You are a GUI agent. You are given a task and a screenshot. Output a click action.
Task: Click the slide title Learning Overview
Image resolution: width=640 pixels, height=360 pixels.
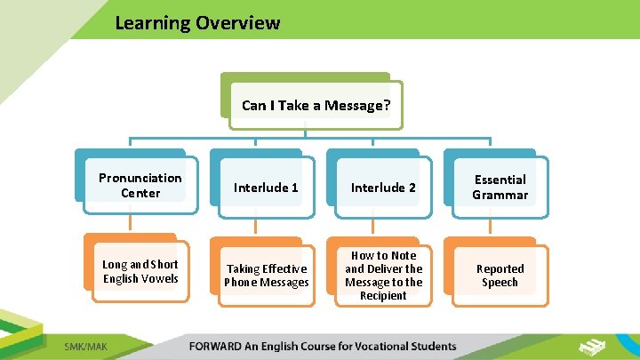point(196,23)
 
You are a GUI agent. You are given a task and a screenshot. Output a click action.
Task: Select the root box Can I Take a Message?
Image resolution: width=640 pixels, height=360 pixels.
point(316,106)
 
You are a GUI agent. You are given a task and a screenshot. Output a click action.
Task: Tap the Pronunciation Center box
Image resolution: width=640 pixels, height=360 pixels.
point(140,185)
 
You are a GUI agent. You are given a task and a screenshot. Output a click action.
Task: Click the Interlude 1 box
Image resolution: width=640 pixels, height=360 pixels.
point(266,188)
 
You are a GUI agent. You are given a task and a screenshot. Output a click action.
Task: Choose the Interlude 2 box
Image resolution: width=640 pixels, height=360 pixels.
point(383,188)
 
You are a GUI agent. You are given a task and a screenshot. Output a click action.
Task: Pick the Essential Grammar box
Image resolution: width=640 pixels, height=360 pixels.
point(500,187)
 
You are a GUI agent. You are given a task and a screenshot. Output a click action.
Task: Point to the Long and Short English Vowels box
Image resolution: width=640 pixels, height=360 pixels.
point(140,271)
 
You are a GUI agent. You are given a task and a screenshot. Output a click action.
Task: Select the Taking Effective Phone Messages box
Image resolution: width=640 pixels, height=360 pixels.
point(266,276)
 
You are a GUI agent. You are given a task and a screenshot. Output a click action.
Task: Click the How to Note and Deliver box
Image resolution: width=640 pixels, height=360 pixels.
point(383,276)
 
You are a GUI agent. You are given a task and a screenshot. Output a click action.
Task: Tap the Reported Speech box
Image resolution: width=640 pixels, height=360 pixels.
point(500,276)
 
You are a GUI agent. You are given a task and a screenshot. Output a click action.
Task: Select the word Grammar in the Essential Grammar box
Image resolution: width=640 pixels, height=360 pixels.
point(500,195)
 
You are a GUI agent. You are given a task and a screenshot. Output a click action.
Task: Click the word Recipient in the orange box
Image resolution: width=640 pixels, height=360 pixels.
point(383,295)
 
